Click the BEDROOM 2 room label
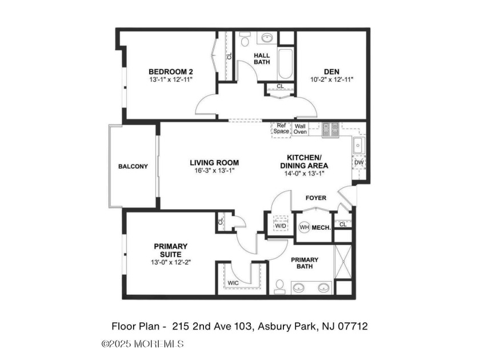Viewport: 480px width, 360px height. [170, 71]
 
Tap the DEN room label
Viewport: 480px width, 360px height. [331, 71]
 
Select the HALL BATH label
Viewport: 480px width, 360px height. [262, 59]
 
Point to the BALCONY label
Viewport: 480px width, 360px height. [133, 167]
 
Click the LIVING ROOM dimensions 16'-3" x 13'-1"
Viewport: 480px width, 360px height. [214, 170]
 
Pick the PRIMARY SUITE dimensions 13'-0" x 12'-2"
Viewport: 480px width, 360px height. [170, 262]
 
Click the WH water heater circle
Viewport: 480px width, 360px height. [304, 227]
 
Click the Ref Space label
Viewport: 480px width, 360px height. [281, 129]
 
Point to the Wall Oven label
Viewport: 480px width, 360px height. [300, 129]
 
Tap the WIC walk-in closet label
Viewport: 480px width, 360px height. [233, 283]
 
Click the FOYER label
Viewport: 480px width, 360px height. [315, 198]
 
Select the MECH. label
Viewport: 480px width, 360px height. [322, 227]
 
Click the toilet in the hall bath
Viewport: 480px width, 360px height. [245, 40]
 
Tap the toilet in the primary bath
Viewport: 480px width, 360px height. [279, 286]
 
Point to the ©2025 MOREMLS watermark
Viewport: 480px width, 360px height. [142, 343]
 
